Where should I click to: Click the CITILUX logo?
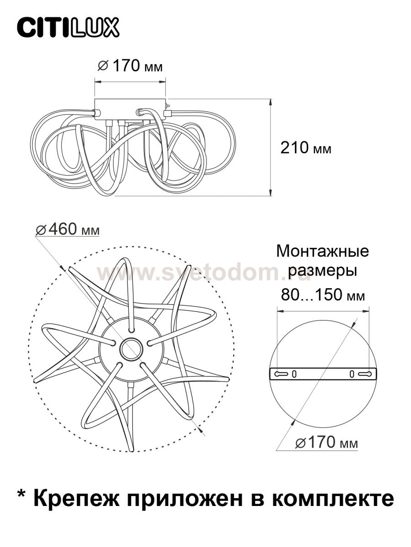[68, 27]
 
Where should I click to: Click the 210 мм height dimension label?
[306, 148]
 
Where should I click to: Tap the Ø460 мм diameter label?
[68, 229]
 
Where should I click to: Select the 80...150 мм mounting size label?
[322, 295]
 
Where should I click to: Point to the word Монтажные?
[322, 251]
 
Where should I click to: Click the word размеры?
[322, 271]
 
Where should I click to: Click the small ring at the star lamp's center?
[131, 349]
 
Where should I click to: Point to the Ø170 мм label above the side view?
[130, 67]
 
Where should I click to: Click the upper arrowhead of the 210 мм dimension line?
[271, 103]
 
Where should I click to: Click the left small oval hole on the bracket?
[294, 374]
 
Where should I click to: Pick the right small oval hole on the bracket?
[352, 374]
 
